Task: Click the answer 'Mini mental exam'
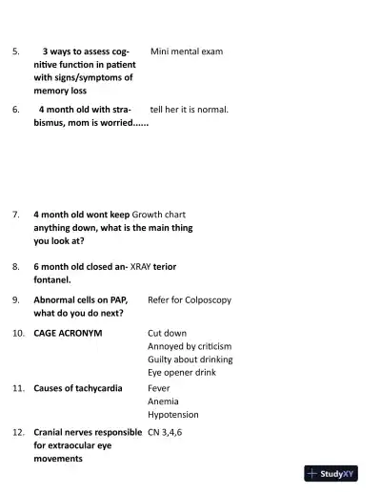(187, 51)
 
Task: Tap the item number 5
(15, 51)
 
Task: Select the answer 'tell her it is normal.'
(190, 110)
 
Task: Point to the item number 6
(15, 110)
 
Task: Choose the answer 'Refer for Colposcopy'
(190, 299)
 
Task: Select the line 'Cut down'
(168, 334)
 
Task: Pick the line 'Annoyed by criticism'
(190, 346)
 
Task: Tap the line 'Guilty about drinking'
(190, 360)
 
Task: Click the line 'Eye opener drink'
(182, 372)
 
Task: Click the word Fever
(160, 389)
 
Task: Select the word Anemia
(163, 401)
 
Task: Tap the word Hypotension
(173, 415)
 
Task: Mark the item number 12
(18, 432)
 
